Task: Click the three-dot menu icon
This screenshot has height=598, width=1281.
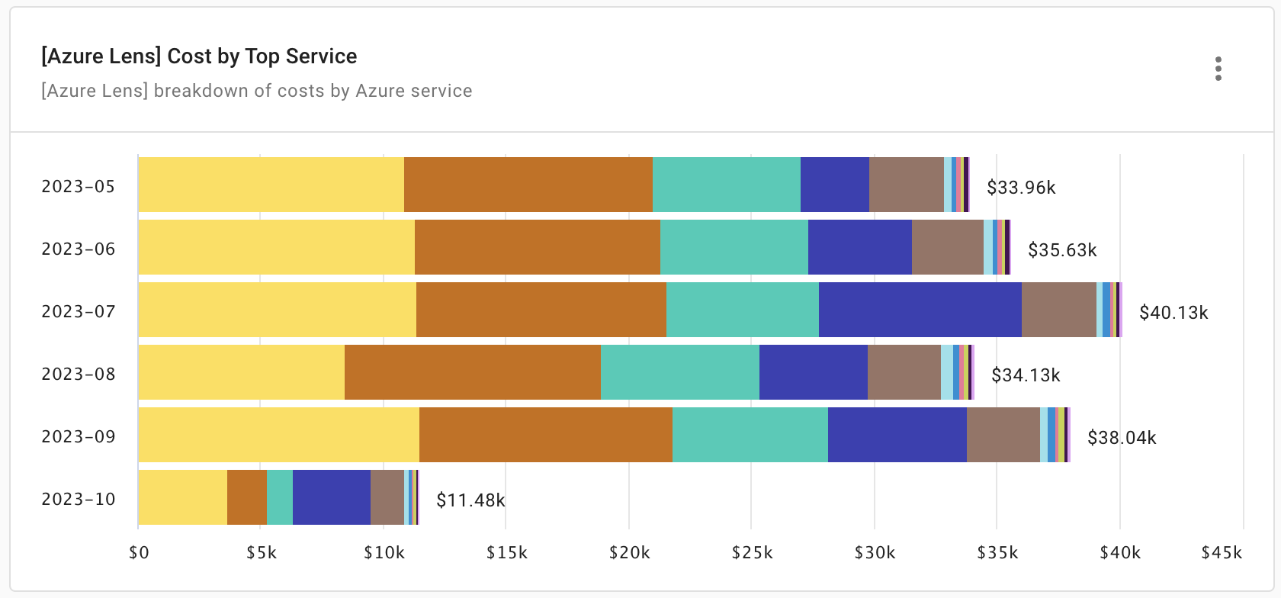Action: [x=1218, y=69]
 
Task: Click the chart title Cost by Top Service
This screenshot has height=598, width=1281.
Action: [x=199, y=56]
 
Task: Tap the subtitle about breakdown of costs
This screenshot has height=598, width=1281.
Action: [x=257, y=91]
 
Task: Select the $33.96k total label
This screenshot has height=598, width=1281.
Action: [x=1021, y=188]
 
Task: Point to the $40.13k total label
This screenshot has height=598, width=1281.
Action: [x=1173, y=313]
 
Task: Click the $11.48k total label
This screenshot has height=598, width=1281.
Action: [x=470, y=500]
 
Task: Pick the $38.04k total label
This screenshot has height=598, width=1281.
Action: [x=1122, y=438]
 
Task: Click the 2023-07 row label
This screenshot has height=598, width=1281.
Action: [x=79, y=311]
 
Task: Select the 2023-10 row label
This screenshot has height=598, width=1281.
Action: [x=79, y=499]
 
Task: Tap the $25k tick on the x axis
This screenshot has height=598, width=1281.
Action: [x=751, y=553]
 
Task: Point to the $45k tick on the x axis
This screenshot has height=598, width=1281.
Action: [x=1242, y=553]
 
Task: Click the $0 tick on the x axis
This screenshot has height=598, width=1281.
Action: [x=138, y=553]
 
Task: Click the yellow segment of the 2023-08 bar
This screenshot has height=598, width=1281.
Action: [x=241, y=372]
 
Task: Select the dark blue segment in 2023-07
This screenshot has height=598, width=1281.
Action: [x=920, y=310]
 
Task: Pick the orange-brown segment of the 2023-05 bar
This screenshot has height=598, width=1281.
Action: [x=528, y=185]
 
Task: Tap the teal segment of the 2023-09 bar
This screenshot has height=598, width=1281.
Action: [x=750, y=435]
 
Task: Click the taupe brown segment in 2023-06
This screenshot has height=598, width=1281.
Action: [x=947, y=247]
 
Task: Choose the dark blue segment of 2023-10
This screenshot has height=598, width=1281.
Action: [x=331, y=497]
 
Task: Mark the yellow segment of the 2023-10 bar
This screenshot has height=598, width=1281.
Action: [x=182, y=497]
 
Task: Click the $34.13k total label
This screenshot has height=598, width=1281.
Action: [x=1026, y=375]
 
